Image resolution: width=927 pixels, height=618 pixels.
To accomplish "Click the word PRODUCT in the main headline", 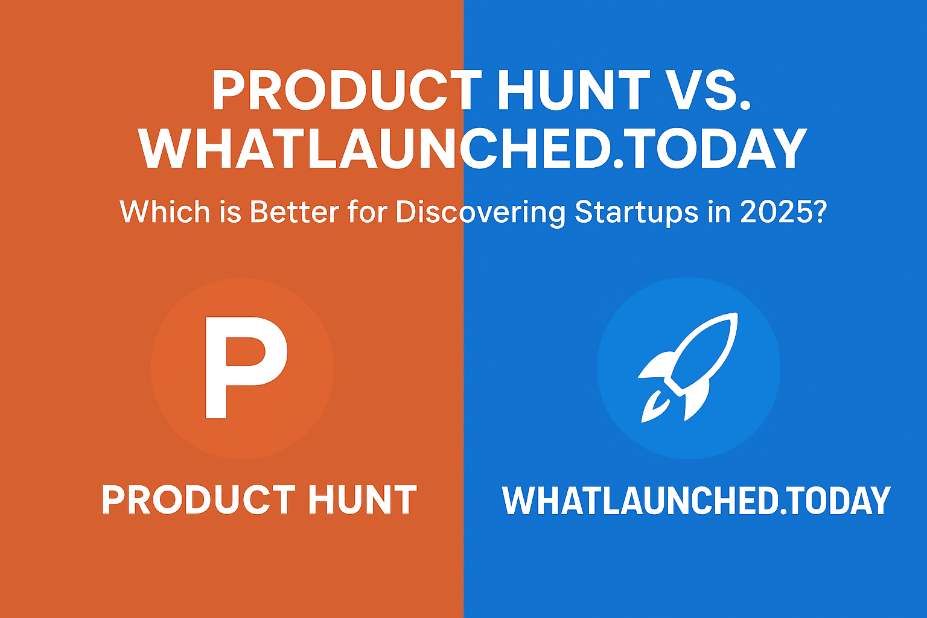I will point(346,91).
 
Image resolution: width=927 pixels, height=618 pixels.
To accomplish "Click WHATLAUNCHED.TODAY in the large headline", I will point(473,149).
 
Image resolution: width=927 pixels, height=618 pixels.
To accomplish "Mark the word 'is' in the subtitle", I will point(234,212).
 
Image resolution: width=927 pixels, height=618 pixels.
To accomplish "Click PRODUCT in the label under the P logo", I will point(198,500).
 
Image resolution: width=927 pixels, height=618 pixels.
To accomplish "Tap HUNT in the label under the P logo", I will point(362,500).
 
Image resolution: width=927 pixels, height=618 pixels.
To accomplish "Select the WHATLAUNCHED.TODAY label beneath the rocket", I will point(696,500).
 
